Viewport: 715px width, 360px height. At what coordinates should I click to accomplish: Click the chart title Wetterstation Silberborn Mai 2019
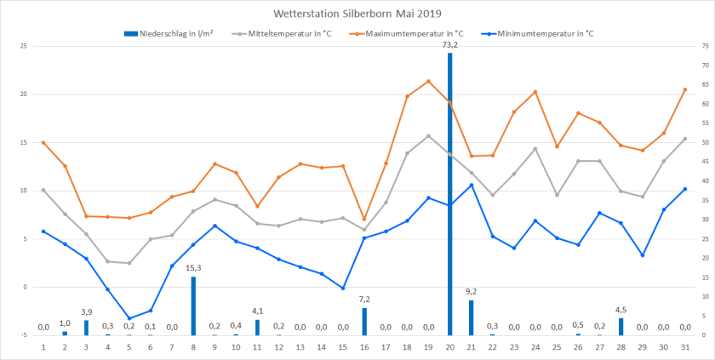357,14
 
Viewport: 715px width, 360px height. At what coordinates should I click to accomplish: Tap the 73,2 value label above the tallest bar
450,44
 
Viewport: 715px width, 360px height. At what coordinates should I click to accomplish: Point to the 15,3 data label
193,268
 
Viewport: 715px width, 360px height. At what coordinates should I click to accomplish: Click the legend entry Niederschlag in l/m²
169,33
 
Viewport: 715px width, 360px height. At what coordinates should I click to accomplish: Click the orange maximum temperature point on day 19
428,81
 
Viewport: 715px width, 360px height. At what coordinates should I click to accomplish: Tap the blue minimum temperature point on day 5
129,318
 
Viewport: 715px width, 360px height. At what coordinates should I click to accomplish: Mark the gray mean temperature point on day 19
428,135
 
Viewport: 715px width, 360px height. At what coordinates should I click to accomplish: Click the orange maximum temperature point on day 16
364,219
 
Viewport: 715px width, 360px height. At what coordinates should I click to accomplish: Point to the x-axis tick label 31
685,346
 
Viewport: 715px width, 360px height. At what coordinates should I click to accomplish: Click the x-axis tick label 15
343,346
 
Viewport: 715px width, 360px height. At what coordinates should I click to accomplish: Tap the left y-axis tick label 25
23,45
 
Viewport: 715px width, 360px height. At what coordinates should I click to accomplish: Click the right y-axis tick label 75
704,45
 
